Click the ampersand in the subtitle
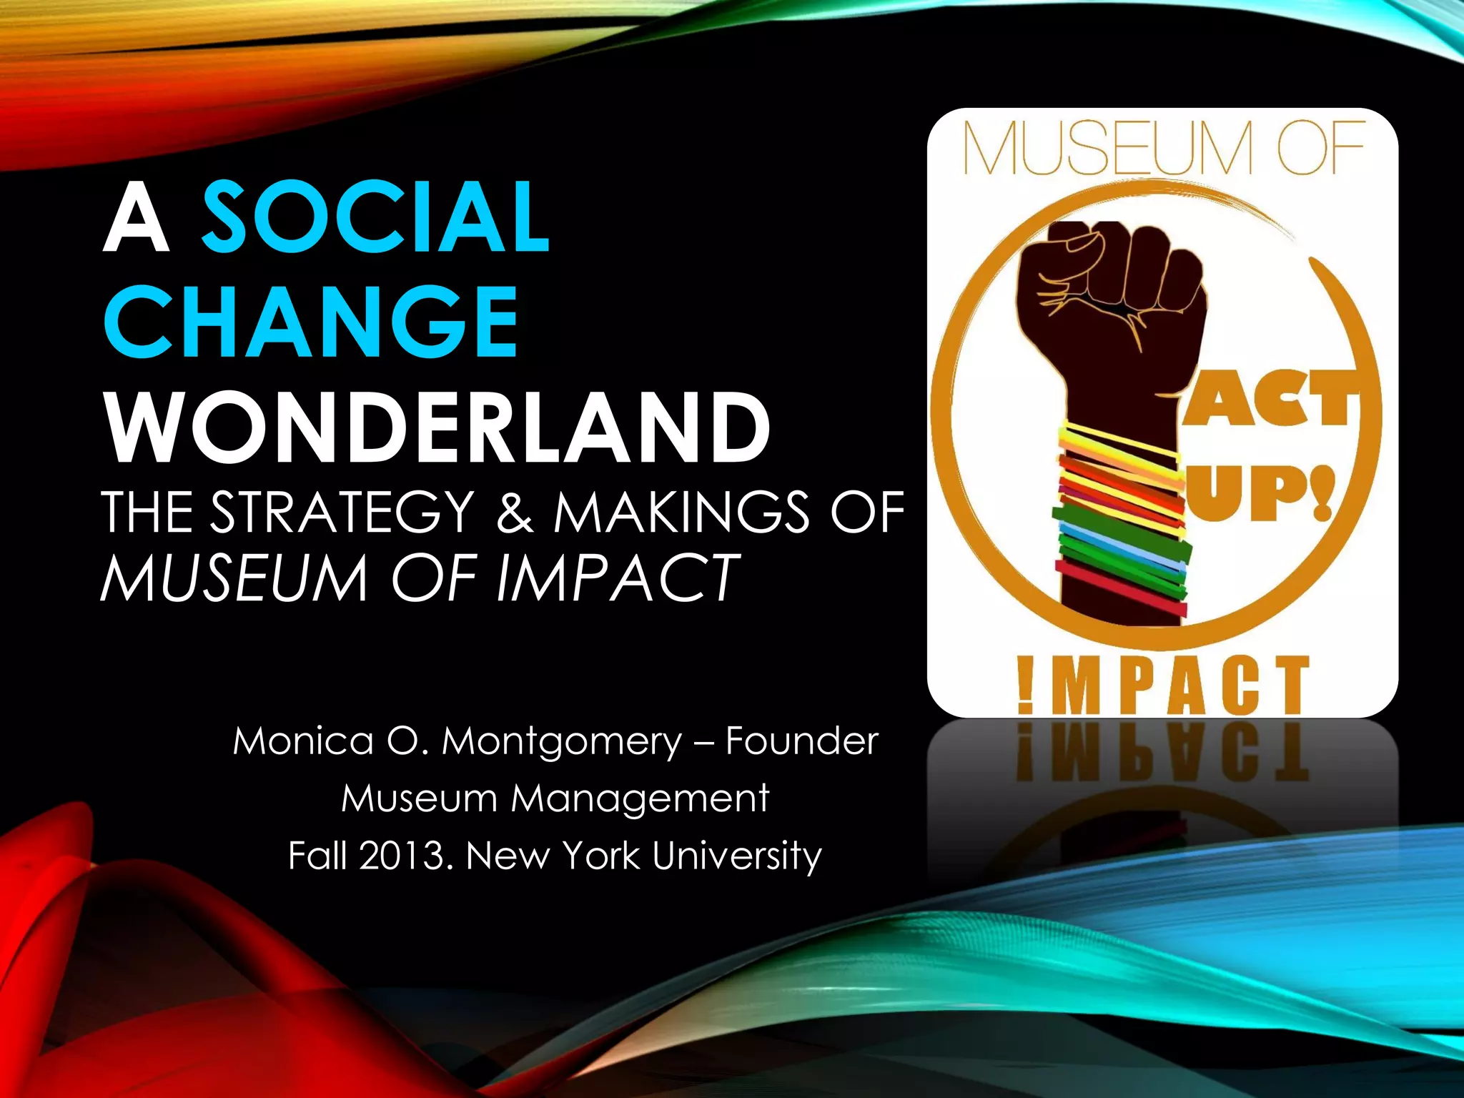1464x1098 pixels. click(515, 512)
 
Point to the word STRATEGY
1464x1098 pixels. click(343, 512)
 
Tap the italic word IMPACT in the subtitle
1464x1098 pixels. click(616, 578)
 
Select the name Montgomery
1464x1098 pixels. click(562, 742)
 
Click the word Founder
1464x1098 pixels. click(801, 741)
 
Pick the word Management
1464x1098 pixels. click(640, 798)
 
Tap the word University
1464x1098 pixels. click(737, 856)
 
